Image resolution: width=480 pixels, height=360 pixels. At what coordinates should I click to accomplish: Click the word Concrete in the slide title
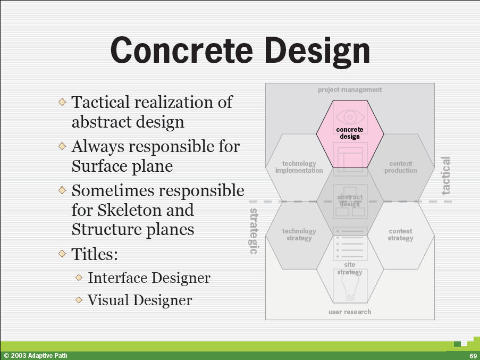(182, 50)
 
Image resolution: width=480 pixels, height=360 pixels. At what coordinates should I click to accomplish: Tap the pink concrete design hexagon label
(350, 133)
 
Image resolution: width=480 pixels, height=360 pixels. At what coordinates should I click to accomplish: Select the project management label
(350, 90)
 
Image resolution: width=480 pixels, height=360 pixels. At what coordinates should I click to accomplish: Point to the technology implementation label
(299, 167)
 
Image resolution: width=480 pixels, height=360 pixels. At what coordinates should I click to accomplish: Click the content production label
(401, 167)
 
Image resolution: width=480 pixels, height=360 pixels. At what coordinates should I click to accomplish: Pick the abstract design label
(350, 200)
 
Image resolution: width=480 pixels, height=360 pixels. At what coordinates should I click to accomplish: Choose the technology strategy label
(299, 235)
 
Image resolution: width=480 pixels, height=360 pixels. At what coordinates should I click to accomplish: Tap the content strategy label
(400, 235)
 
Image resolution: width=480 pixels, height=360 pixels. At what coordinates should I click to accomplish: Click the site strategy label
(350, 268)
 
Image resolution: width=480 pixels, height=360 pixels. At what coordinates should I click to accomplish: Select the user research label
(350, 312)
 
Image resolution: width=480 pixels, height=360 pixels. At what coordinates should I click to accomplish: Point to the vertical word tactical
(445, 175)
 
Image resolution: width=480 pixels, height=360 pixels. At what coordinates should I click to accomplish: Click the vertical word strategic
(254, 231)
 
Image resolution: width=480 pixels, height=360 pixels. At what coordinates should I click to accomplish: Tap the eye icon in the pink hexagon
(350, 117)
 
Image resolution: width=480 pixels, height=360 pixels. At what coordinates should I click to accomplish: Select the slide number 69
(473, 356)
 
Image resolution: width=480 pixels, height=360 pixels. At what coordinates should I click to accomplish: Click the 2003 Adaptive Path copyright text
(36, 356)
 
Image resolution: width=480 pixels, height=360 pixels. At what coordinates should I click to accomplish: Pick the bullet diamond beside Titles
(62, 254)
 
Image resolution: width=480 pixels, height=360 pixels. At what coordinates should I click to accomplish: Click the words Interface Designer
(149, 278)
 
